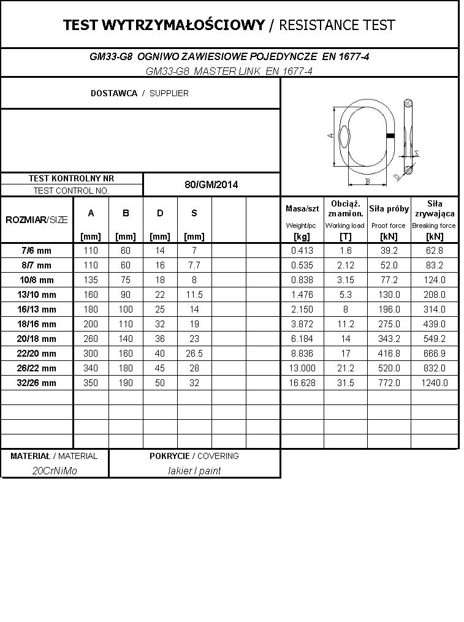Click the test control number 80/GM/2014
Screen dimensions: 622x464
[211, 184]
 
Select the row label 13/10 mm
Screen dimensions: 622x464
[37, 295]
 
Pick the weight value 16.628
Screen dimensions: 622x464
[302, 383]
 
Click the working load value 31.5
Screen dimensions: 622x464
[346, 383]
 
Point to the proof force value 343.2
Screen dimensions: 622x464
[389, 339]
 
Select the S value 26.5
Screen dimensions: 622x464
[194, 354]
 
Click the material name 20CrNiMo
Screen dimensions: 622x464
[55, 471]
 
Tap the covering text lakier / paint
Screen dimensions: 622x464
[194, 471]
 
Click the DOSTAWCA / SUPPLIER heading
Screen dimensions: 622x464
[140, 93]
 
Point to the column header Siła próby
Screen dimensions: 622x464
[389, 209]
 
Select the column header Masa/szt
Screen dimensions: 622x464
[302, 209]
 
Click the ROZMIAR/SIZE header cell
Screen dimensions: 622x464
[37, 220]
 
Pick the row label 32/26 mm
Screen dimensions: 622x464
[37, 383]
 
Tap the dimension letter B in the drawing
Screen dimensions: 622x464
[367, 181]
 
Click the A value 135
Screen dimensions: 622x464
[91, 280]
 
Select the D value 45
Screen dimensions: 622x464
[160, 368]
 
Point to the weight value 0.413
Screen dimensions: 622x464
[302, 251]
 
